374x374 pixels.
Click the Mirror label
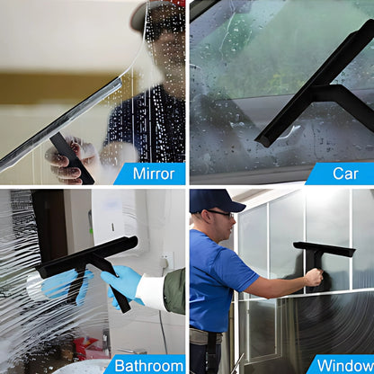coord(153,174)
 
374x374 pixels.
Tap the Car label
coord(345,174)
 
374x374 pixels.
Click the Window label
coord(342,364)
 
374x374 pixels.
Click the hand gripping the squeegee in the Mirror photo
coord(67,162)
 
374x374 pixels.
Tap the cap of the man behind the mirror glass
coord(148,13)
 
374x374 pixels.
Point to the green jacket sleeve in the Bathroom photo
coord(175,289)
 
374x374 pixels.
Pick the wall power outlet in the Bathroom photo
coord(167,263)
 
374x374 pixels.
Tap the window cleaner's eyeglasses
coord(219,213)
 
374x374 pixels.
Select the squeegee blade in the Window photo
coord(324,248)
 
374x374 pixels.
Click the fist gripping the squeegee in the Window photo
coord(312,278)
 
